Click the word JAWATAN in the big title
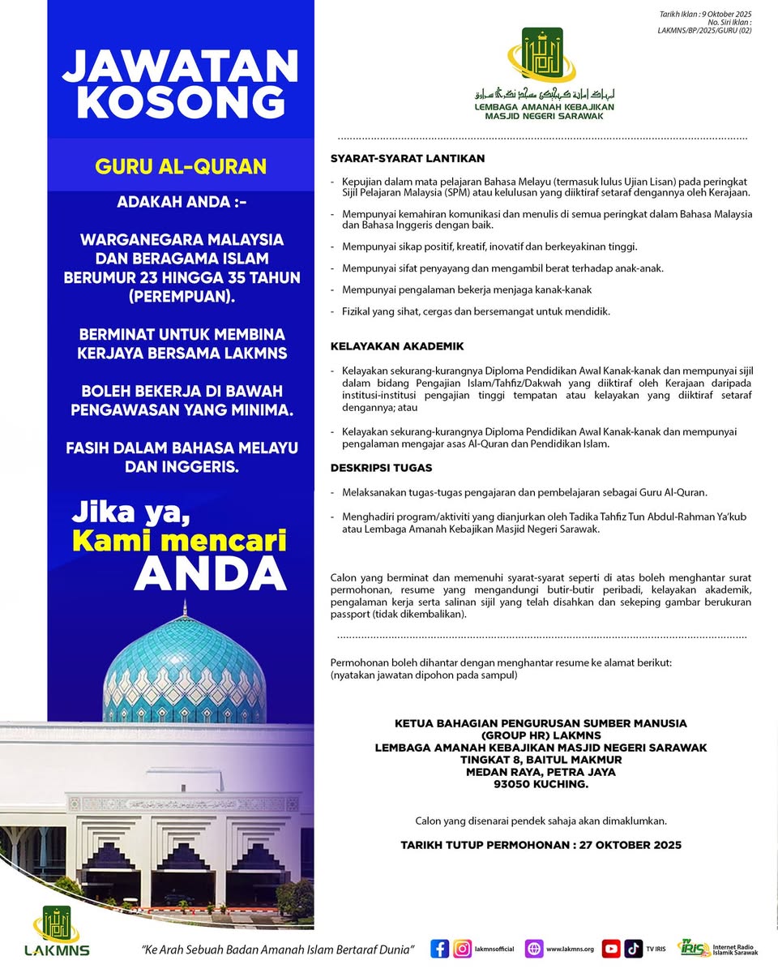pos(180,66)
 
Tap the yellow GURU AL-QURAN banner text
pos(181,166)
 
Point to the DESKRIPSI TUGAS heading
pos(381,468)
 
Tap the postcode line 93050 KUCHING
pos(541,784)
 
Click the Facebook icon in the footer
pos(440,949)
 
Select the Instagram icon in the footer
pos(463,949)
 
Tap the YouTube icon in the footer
pos(611,949)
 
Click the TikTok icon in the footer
pos(633,949)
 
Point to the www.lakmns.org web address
pos(570,949)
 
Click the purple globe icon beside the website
pos(534,949)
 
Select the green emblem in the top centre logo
pos(541,54)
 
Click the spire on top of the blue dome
pos(184,608)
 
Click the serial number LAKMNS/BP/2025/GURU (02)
pos(703,31)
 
